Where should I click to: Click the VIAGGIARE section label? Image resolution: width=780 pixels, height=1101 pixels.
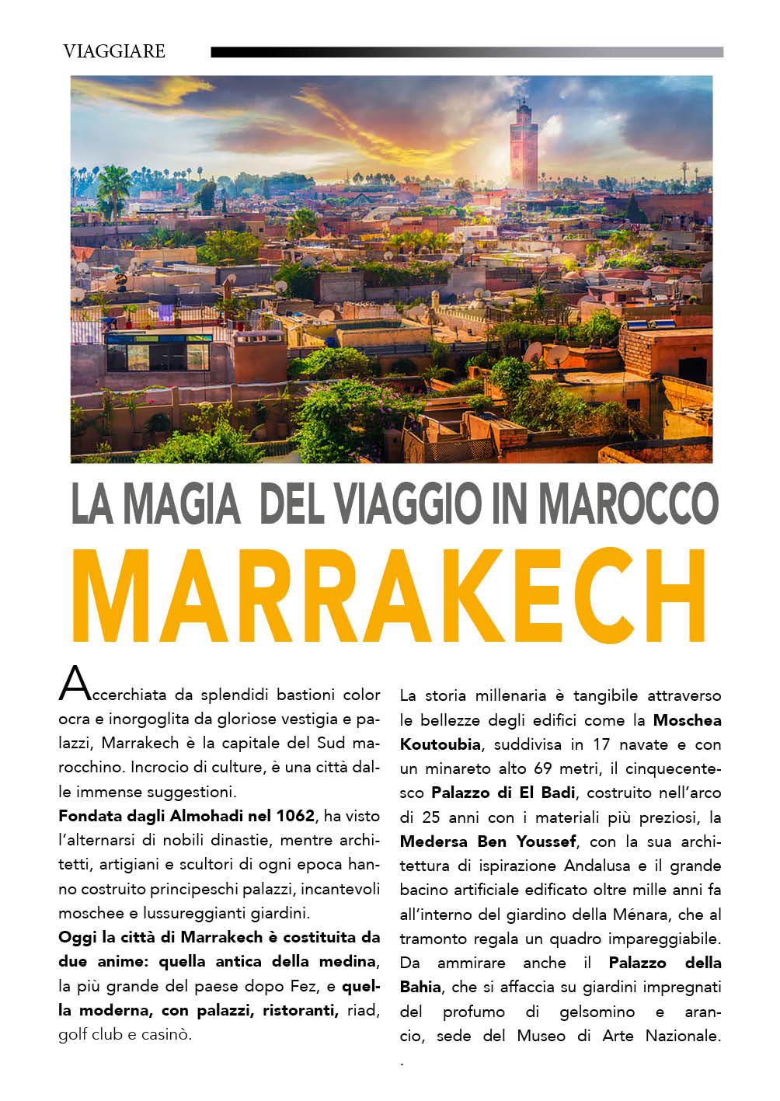coord(114,51)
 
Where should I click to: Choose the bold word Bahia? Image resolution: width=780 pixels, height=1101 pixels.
coord(420,987)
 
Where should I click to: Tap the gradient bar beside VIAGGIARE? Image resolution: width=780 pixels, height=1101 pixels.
coord(467,53)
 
